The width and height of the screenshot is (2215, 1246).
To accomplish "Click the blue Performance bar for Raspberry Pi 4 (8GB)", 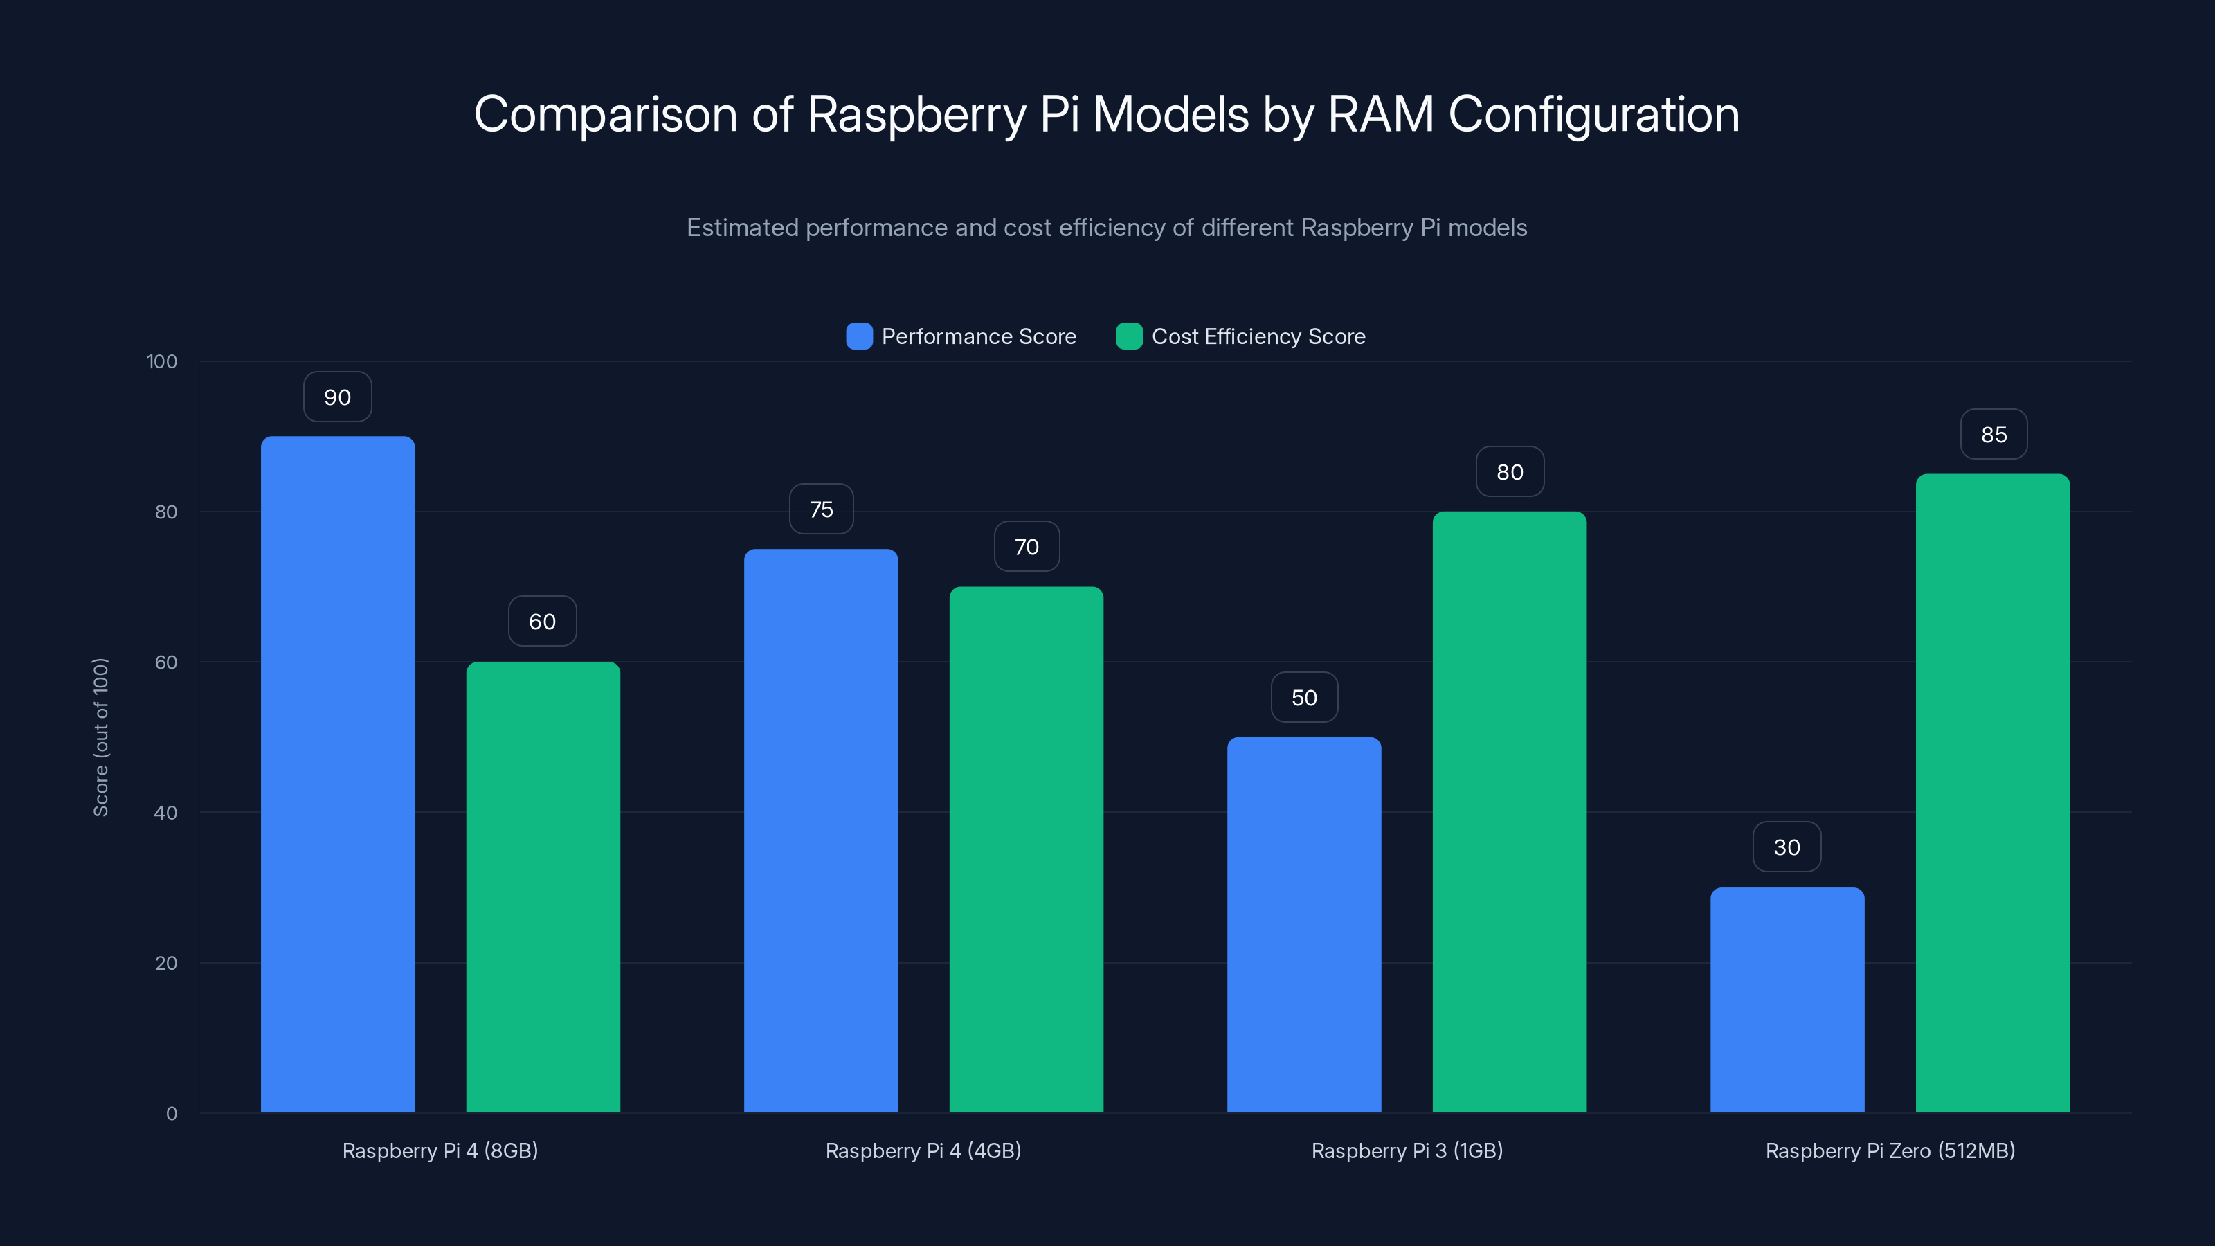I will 337,774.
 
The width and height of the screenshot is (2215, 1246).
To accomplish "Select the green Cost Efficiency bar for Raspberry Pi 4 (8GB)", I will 543,886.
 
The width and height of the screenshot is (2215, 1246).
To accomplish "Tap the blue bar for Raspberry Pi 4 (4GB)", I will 820,830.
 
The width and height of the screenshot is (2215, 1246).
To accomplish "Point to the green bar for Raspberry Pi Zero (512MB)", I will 1992,792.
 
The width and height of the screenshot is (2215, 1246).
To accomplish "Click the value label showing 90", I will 337,397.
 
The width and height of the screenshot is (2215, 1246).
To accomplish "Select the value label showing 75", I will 821,509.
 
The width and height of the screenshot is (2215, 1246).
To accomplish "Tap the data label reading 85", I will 1993,434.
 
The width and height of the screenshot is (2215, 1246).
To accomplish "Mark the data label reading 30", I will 1787,847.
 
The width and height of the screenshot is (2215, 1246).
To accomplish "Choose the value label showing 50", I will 1303,697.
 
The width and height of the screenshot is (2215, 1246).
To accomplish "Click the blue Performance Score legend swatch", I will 859,336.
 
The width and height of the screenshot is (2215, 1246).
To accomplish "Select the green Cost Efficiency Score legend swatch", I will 1128,336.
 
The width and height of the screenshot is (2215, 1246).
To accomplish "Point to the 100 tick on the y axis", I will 162,361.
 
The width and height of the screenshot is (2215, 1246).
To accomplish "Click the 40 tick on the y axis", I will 166,813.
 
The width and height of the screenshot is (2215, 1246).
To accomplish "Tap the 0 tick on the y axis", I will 171,1114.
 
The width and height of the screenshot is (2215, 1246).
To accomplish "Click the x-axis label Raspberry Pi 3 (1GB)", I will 1407,1150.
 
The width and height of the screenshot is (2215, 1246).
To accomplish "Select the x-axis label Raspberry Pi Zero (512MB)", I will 1890,1150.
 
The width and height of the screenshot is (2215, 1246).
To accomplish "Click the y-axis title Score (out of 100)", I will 100,737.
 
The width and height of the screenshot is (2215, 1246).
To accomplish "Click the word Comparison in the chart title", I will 606,114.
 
